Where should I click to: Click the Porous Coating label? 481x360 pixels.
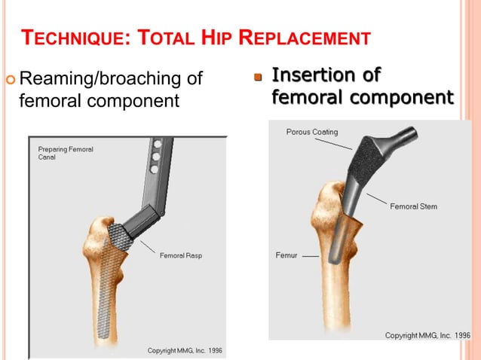(x=312, y=132)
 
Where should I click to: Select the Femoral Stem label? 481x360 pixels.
(x=413, y=206)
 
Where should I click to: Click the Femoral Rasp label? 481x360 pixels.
(x=180, y=255)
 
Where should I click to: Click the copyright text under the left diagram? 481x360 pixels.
(x=184, y=351)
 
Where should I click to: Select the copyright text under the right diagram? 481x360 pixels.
(x=427, y=335)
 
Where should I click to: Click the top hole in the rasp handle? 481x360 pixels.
(x=158, y=142)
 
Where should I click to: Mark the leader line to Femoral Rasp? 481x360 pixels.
(x=145, y=248)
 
